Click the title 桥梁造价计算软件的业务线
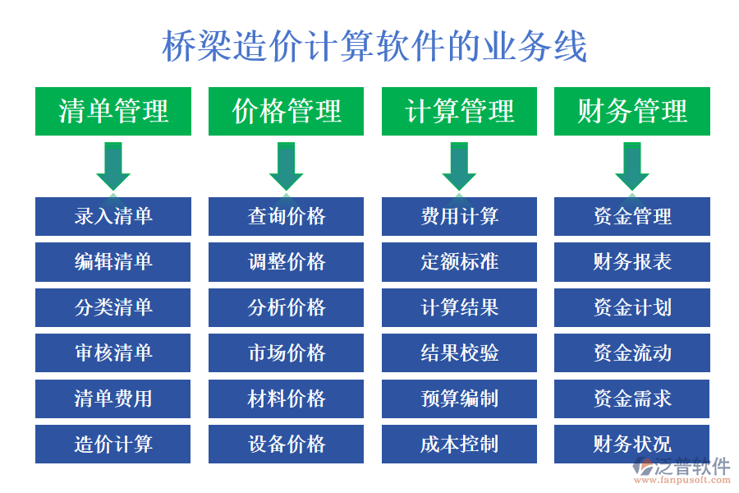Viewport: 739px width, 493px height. (374, 47)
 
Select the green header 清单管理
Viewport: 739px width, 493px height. (113, 111)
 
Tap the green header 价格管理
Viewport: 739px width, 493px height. (287, 111)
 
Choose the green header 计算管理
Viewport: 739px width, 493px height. (459, 111)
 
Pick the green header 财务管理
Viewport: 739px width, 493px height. (632, 111)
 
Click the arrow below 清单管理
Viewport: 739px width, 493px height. (113, 166)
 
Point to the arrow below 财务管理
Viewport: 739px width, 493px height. (632, 166)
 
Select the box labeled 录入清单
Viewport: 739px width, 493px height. (113, 216)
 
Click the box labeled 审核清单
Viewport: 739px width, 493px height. (113, 353)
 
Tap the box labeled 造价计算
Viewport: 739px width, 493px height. (113, 445)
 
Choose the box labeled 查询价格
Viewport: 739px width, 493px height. (287, 216)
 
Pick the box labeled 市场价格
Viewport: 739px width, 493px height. (287, 353)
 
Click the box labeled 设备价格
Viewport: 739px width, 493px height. (287, 445)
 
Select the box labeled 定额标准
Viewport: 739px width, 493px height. (459, 262)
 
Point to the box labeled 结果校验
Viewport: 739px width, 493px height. (459, 353)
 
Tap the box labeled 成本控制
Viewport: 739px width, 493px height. (459, 445)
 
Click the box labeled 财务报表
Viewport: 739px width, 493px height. (632, 262)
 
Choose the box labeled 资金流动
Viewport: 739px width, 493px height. (632, 353)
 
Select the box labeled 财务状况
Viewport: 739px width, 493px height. (632, 445)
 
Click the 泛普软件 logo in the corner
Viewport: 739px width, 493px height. (681, 469)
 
